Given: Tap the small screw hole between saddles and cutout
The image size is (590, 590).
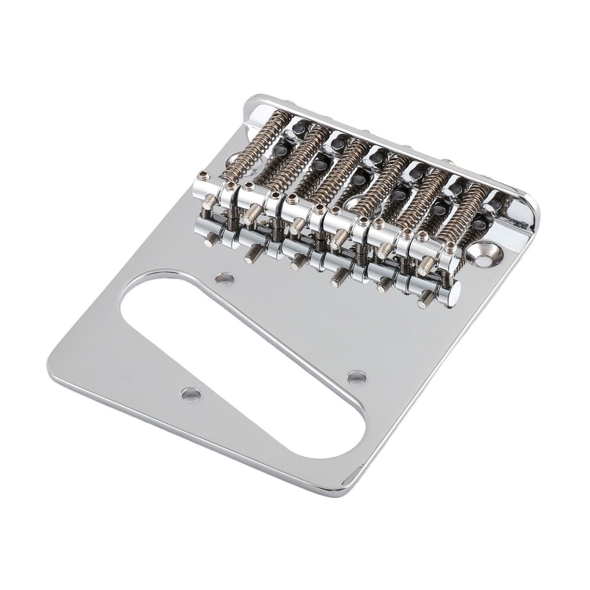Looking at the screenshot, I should click(x=224, y=278).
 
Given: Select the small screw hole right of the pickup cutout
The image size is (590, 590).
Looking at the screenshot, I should click(x=356, y=377).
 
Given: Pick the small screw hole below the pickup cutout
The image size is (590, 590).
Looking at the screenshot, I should click(x=191, y=394).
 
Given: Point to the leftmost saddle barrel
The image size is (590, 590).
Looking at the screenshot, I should click(x=215, y=190).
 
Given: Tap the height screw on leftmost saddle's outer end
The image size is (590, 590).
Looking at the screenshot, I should click(x=204, y=175).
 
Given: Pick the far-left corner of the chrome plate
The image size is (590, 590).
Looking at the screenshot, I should click(x=50, y=369).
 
